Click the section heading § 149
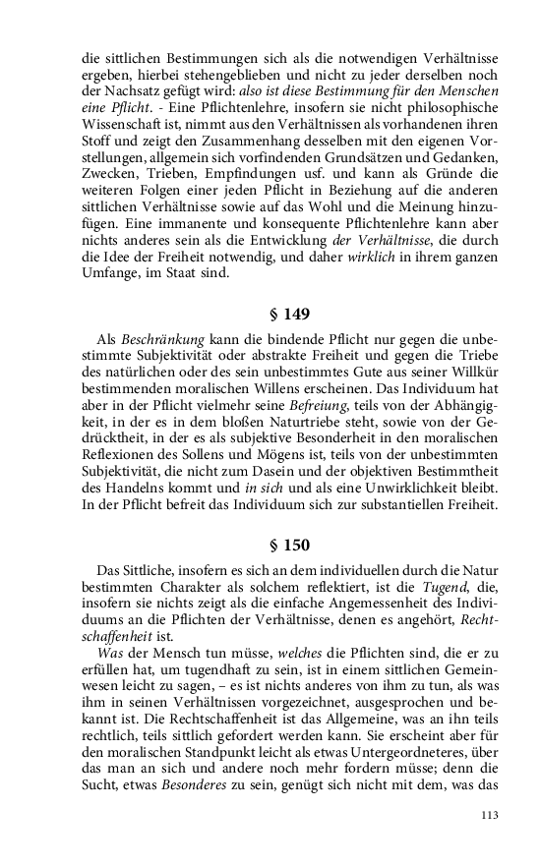289,316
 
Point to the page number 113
491,815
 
